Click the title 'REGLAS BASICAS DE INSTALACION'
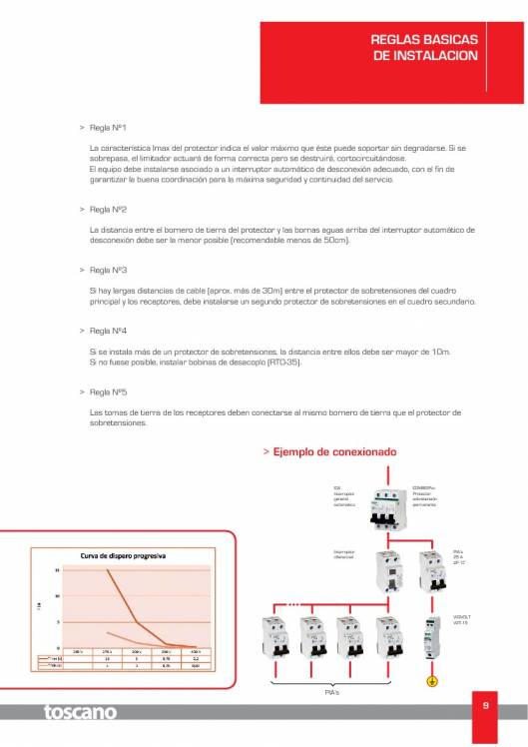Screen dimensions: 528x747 [424, 48]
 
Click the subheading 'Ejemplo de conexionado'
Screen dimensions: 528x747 [334, 451]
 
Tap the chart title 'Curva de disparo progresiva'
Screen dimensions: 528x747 [123, 555]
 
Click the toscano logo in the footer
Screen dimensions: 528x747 [80, 712]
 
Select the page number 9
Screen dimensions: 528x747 [485, 706]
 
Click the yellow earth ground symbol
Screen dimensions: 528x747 [432, 682]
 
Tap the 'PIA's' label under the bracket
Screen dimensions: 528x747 [332, 691]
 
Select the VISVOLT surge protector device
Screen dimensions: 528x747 [432, 638]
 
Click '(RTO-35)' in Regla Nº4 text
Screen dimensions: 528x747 [282, 362]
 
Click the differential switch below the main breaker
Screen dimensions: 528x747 [385, 576]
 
